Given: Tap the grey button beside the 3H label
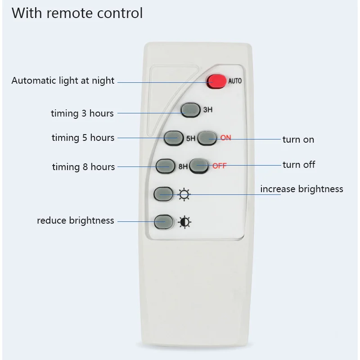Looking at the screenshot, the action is [190, 110].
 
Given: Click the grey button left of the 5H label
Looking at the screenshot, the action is [174, 138].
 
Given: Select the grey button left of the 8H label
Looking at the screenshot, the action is [165, 166].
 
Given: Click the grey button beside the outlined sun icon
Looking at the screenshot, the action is [163, 194].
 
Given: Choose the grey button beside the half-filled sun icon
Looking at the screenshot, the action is [163, 221].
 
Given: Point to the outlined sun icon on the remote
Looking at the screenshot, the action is [184, 195].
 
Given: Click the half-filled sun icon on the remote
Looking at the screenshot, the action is [184, 222].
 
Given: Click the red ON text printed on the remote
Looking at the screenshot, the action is [225, 138].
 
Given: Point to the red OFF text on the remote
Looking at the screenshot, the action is [219, 166].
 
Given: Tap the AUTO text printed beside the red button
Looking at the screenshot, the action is [235, 81].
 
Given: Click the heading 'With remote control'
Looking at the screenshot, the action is [77, 13].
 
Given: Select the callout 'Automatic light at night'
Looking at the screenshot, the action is [63, 81].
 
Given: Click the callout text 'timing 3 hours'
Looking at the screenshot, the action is [82, 113].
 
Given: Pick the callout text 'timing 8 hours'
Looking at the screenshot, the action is [83, 167].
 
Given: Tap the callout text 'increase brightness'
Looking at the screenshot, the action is [301, 189].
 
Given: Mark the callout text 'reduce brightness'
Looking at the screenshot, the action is [76, 220].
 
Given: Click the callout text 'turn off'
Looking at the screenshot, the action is [299, 165].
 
